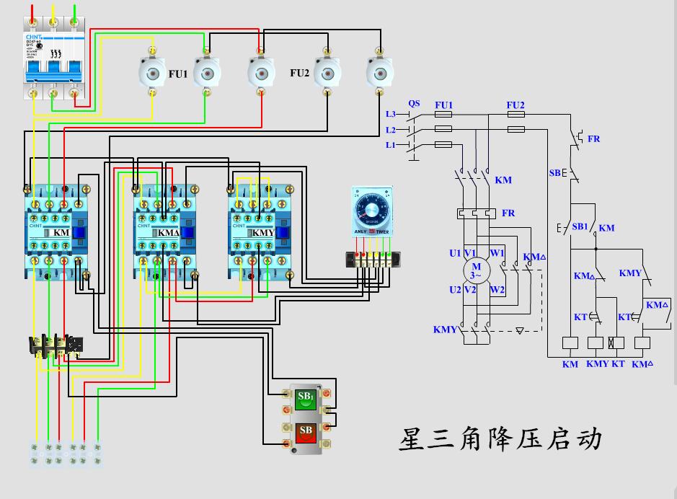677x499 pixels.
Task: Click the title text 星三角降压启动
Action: click(500, 438)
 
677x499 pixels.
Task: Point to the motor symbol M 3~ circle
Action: click(475, 271)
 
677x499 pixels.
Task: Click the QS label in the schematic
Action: click(414, 103)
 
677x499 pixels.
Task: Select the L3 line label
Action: click(390, 114)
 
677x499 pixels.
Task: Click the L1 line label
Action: click(390, 145)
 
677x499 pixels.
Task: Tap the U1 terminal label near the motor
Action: click(454, 253)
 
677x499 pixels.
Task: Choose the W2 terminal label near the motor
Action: click(497, 289)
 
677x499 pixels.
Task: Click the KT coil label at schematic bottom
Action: click(618, 364)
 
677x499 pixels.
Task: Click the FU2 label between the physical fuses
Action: click(300, 73)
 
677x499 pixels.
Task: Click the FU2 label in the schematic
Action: click(516, 105)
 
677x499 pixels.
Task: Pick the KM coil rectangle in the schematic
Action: click(570, 343)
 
